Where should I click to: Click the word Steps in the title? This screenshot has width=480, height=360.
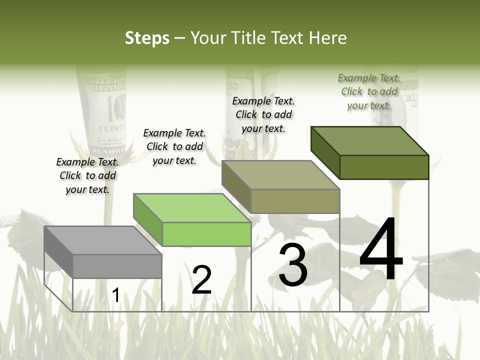[x=146, y=38]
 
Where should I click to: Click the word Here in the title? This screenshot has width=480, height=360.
[x=327, y=38]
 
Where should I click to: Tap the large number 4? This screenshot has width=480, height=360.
[x=381, y=250]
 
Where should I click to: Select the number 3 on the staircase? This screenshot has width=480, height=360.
[x=293, y=265]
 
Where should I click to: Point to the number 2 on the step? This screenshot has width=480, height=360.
[x=201, y=280]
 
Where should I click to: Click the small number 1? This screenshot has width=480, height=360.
[x=115, y=295]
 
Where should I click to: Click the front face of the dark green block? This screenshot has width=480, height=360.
[x=384, y=167]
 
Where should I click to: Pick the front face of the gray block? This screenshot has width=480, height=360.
[x=117, y=266]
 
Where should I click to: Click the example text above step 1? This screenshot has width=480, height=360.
[x=87, y=175]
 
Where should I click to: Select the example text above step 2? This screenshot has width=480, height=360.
[x=174, y=146]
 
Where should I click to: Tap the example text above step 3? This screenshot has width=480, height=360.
[x=263, y=114]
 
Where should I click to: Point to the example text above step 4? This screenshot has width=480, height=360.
[x=369, y=91]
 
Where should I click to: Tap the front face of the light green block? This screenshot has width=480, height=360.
[x=206, y=234]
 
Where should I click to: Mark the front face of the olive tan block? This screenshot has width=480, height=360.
[x=295, y=201]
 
